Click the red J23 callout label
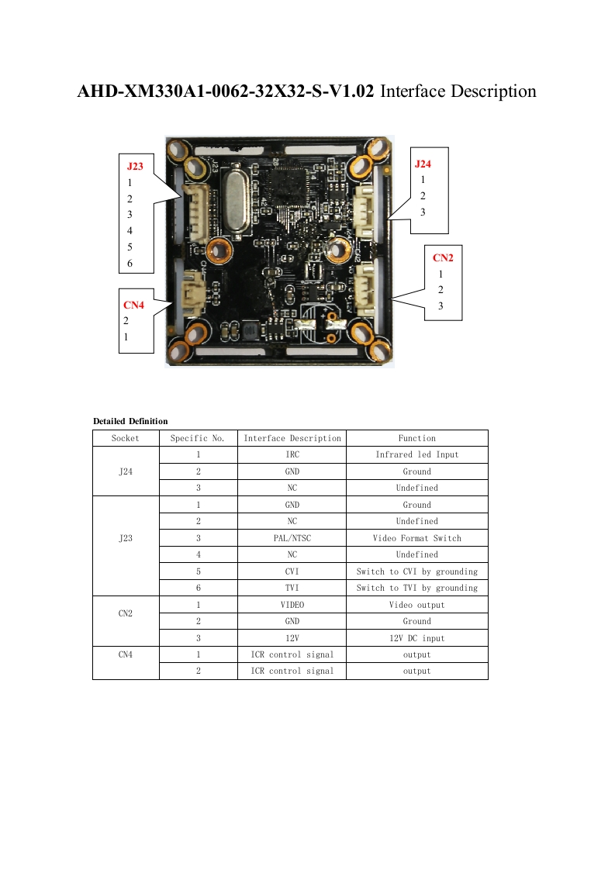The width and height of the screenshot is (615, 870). pos(135,166)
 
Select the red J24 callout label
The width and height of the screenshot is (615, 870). pos(423,164)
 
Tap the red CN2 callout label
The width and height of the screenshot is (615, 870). pos(442,257)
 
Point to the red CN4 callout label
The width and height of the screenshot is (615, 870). pos(134,305)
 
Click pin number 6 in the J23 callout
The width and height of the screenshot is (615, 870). pos(130,264)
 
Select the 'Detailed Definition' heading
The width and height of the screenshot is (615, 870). pos(130,421)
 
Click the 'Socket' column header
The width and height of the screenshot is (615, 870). pos(126,438)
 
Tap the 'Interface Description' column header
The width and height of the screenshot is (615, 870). pos(292,438)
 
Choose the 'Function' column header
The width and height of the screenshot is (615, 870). pos(417,438)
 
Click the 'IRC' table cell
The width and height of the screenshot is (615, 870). pos(292,454)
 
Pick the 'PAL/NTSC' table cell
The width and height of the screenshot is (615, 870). pos(292,538)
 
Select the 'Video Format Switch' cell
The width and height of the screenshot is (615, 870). pos(417,538)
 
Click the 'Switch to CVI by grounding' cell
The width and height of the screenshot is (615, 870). pos(417,571)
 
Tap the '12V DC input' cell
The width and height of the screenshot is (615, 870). pos(417,638)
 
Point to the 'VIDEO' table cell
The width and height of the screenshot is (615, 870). pos(292,605)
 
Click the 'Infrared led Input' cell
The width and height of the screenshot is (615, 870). pos(417,454)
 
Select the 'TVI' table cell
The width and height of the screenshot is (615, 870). pos(292,588)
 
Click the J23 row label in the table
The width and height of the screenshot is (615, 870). pos(126,538)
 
